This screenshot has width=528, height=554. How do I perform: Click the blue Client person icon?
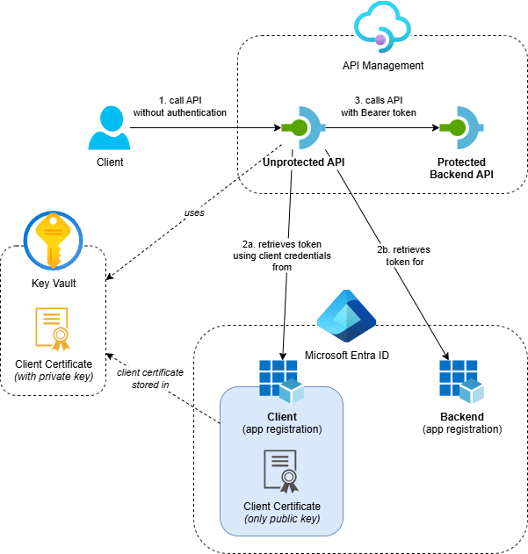click(x=109, y=128)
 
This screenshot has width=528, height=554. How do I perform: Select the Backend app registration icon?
click(x=461, y=378)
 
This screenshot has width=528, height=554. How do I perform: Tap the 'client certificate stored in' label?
click(x=150, y=378)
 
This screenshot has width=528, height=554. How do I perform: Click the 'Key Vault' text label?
click(x=54, y=284)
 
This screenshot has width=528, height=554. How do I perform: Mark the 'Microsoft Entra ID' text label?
click(x=346, y=355)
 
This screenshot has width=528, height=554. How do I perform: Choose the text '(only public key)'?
click(x=281, y=520)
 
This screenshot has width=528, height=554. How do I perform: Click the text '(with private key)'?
click(x=54, y=377)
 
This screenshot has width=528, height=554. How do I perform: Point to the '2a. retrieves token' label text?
click(x=276, y=241)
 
